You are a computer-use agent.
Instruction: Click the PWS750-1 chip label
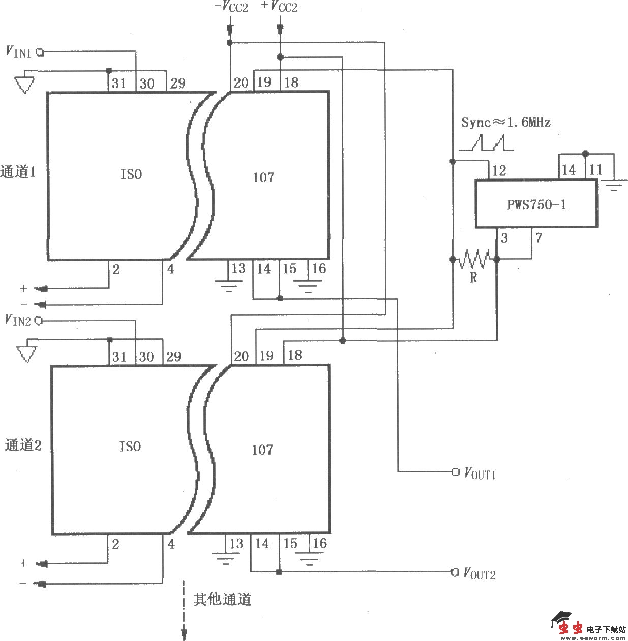536,205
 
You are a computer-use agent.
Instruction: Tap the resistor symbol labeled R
474,260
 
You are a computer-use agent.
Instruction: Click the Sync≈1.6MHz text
505,122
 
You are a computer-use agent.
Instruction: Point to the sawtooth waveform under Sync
487,143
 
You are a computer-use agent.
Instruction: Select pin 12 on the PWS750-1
499,171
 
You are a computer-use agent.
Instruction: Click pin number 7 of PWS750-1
539,238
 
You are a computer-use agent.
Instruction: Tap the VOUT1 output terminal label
480,473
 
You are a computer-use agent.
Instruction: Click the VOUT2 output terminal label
479,573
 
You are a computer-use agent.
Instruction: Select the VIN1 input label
18,51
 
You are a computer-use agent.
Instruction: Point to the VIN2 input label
18,320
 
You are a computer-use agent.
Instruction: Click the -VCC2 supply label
231,7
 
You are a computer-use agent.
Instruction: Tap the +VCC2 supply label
279,7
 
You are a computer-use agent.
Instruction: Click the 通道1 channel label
18,172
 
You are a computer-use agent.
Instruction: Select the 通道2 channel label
23,445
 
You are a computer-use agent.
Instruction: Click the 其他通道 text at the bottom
222,600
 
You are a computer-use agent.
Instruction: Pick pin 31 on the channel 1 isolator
119,83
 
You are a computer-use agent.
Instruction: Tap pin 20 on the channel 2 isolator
241,356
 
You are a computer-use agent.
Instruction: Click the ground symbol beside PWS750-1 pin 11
614,185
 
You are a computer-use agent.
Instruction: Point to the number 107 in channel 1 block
263,177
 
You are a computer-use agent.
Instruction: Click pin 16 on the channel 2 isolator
319,544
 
